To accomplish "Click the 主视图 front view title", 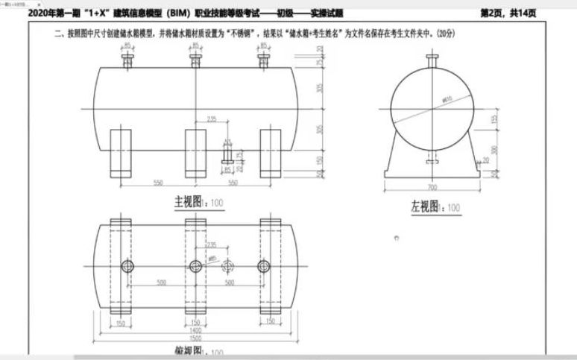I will (x=189, y=201).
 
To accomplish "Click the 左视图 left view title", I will (x=423, y=206).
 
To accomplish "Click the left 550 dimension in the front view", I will (x=157, y=183).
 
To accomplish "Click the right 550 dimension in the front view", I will (x=233, y=183).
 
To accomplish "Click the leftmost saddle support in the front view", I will (x=121, y=153).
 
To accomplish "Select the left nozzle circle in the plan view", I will (x=127, y=267).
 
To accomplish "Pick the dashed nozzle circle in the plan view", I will (x=228, y=267).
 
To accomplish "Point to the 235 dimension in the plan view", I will (x=212, y=243).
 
